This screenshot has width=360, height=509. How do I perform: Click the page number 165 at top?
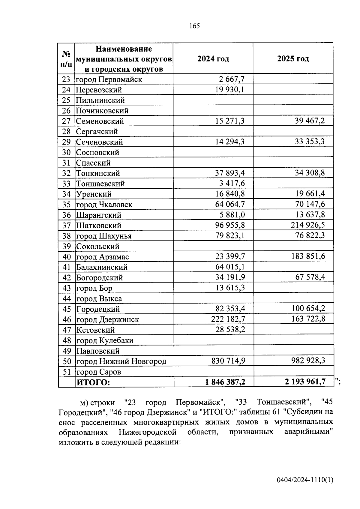tap(194, 26)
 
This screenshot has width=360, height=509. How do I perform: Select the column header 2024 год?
tap(213, 59)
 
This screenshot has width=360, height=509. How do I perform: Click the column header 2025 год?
tap(293, 59)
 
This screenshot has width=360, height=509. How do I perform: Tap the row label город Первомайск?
tap(109, 79)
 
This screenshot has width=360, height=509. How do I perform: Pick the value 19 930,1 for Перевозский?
tap(230, 90)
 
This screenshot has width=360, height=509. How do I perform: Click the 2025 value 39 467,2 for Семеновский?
tap(310, 121)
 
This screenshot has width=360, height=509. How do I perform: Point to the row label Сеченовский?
tap(99, 142)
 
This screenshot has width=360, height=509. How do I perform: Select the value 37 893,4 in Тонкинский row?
tap(230, 173)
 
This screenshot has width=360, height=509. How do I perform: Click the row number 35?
tap(66, 205)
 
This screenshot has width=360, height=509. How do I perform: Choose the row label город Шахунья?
tap(104, 236)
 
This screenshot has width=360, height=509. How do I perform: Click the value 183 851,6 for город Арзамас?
tap(308, 256)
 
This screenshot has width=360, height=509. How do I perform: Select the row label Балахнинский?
tap(102, 267)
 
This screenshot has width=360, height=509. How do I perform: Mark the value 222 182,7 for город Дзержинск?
tap(228, 319)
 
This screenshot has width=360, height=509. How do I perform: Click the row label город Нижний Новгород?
tap(121, 361)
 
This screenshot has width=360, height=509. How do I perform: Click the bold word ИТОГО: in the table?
tap(93, 382)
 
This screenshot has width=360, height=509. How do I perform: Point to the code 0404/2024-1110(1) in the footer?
tap(305, 480)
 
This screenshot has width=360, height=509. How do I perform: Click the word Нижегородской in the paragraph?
tap(147, 432)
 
